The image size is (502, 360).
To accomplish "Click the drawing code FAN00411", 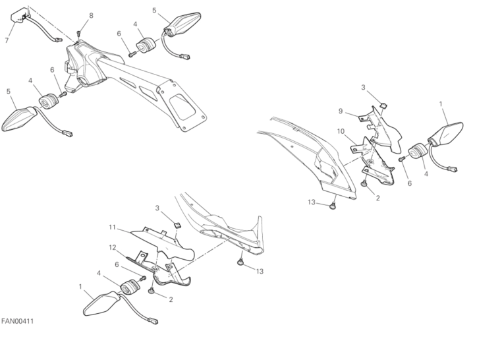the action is tap(17, 321).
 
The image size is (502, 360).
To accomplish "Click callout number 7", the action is tap(7, 40).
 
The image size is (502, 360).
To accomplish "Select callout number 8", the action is tap(92, 15).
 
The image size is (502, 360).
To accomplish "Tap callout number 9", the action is tap(341, 111).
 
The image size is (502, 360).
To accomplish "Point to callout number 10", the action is tap(341, 131).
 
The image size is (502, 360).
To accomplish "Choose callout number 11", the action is tap(112, 227).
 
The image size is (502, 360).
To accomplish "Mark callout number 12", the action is tap(113, 247).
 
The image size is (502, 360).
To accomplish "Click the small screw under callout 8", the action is tap(79, 34).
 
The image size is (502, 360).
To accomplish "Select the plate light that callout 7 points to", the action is tap(19, 16).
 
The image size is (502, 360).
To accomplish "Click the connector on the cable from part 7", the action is tap(58, 40).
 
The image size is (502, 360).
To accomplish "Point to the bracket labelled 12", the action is tap(160, 272).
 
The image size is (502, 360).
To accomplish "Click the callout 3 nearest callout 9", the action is tap(363, 88).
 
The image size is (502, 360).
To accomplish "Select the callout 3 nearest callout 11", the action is tap(157, 208).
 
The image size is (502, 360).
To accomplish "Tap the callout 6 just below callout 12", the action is tap(117, 264).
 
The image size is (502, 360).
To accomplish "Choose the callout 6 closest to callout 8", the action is tap(119, 34).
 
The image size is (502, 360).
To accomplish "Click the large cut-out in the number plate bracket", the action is tap(182, 107).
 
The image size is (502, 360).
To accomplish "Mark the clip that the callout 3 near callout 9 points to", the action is tap(383, 105).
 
